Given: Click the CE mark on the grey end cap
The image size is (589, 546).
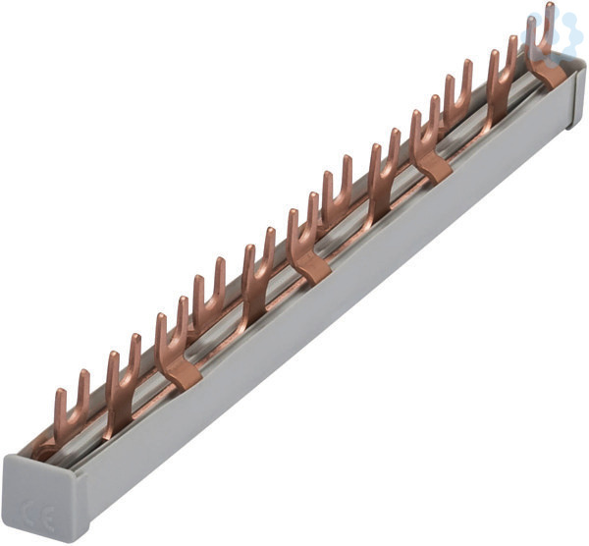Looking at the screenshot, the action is click(x=38, y=514).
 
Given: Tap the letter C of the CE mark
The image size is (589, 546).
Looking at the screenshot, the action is click(x=29, y=511).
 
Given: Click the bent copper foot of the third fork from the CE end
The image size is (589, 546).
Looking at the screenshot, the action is click(x=185, y=377).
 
